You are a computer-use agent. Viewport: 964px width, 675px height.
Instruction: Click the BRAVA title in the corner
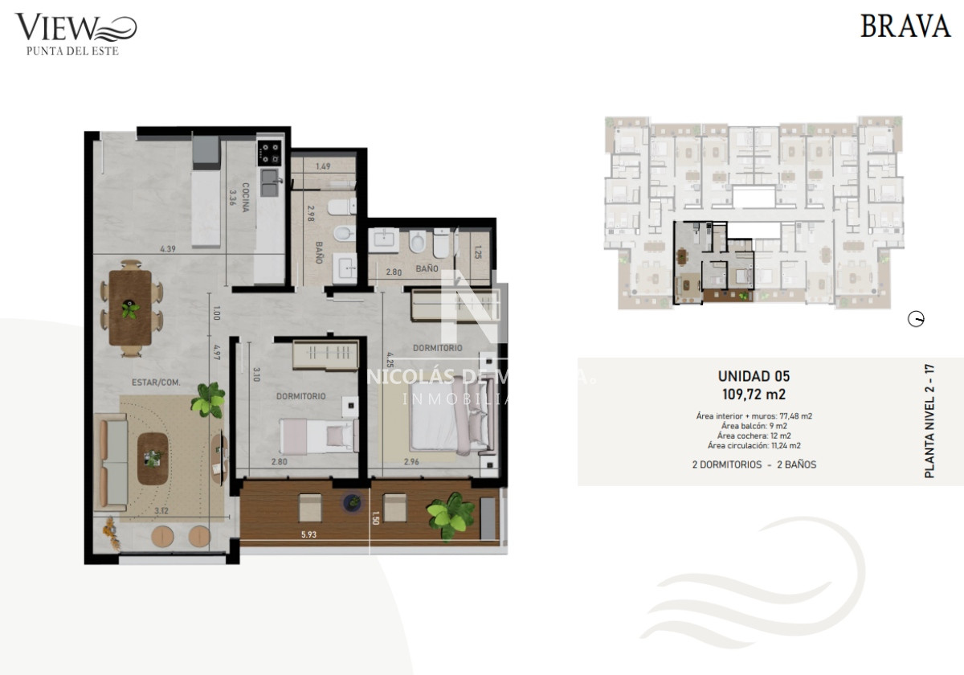pyautogui.click(x=905, y=26)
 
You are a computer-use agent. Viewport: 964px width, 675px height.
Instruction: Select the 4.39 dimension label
pyautogui.click(x=167, y=249)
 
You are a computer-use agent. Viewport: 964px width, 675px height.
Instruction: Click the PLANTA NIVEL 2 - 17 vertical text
pyautogui.click(x=929, y=422)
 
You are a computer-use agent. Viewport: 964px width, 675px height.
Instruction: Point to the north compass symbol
pyautogui.click(x=915, y=320)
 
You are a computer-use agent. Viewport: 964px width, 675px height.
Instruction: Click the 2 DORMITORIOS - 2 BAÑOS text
pyautogui.click(x=754, y=464)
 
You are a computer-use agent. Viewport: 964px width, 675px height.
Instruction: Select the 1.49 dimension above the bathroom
pyautogui.click(x=323, y=166)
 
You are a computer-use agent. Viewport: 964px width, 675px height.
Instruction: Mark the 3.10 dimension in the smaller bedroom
pyautogui.click(x=256, y=374)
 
